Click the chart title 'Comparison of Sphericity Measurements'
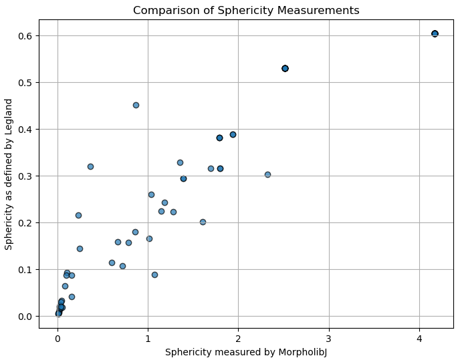coord(246,11)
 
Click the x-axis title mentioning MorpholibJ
coord(246,352)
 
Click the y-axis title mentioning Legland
coord(9,174)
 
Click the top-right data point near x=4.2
coord(435,33)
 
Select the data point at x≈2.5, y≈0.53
coord(285,68)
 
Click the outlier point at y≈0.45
coord(136,105)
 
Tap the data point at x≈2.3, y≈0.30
coord(267,174)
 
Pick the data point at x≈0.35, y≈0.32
coord(90,166)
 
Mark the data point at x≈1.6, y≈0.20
coord(203,222)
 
